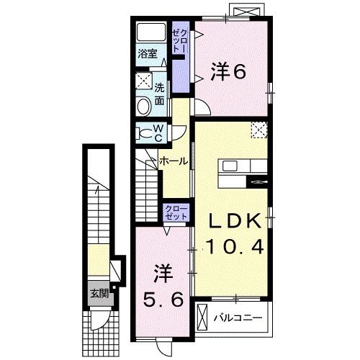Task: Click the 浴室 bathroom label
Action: [147, 53]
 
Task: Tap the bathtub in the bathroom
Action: [150, 32]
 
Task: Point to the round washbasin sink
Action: [143, 107]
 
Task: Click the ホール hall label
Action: [174, 161]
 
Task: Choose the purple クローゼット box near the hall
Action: [176, 213]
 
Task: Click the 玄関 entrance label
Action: [99, 293]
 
